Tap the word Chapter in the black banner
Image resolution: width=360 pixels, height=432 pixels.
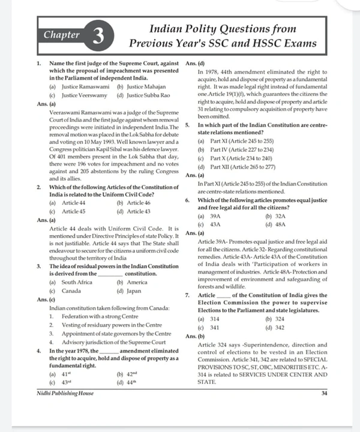(x=62, y=35)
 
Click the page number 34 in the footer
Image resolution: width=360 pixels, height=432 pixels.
(x=324, y=394)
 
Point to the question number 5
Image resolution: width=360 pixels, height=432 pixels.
(x=188, y=124)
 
